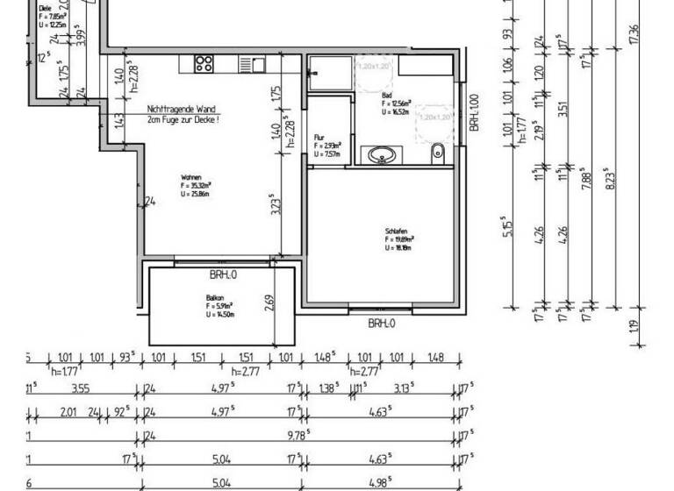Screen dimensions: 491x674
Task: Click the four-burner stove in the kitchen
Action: tap(204, 63)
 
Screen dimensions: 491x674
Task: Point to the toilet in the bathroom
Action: tap(437, 154)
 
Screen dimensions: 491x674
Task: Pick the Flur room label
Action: tap(319, 138)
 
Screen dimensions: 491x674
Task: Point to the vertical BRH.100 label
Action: tap(475, 113)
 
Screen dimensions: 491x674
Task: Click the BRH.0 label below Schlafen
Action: tap(381, 323)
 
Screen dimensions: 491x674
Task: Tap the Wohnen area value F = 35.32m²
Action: tap(196, 186)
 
